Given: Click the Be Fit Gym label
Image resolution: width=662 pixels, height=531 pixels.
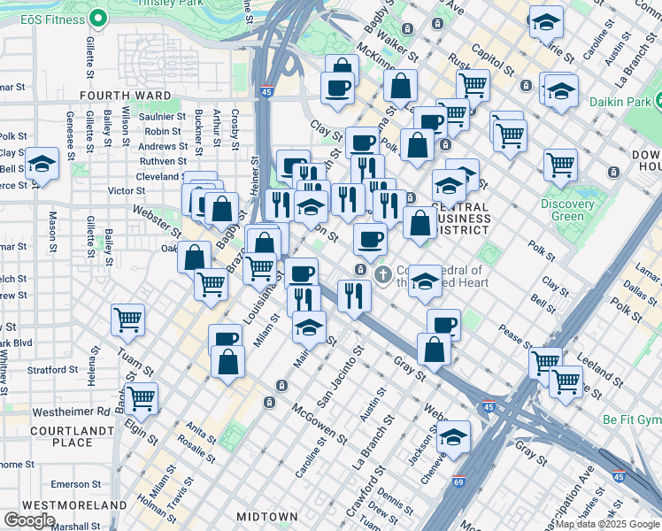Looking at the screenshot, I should [x=631, y=417].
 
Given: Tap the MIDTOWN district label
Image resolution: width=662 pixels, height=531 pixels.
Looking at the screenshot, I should [x=266, y=516].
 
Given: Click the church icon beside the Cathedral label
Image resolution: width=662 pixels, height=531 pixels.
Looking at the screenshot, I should [x=383, y=273].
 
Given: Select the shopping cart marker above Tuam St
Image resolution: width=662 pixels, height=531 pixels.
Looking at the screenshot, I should [x=128, y=319].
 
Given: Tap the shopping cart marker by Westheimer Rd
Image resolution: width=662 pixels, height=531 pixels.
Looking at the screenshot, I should [x=142, y=397].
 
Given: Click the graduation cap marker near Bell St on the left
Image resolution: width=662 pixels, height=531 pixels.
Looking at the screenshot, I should [x=41, y=165].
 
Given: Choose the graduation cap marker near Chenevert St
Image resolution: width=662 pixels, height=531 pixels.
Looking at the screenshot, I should [x=453, y=436].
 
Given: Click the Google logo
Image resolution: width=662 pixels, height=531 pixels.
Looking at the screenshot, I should [x=30, y=519].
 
